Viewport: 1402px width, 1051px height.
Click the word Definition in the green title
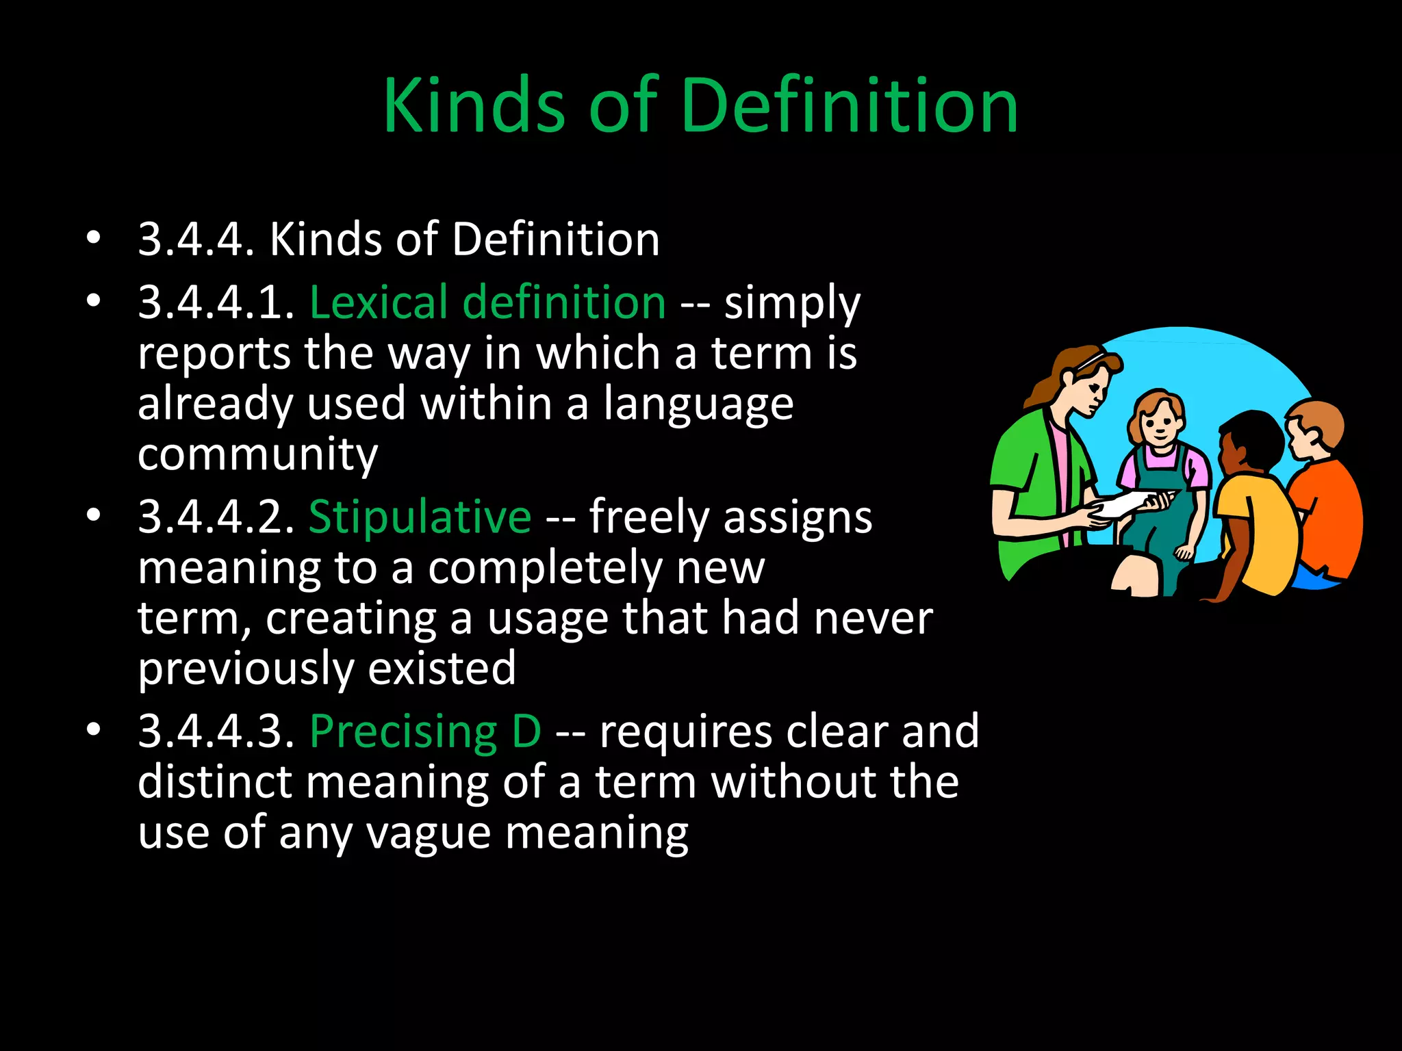coord(850,105)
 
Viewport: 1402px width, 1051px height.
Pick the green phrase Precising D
coord(425,731)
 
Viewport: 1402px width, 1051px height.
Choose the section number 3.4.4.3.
coord(216,731)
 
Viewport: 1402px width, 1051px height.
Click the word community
coord(257,454)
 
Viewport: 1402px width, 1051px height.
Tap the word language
coord(698,404)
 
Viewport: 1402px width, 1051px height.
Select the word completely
coord(544,568)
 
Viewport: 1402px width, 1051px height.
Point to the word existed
coord(442,669)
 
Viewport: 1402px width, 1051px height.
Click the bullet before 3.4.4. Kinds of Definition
coord(94,239)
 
